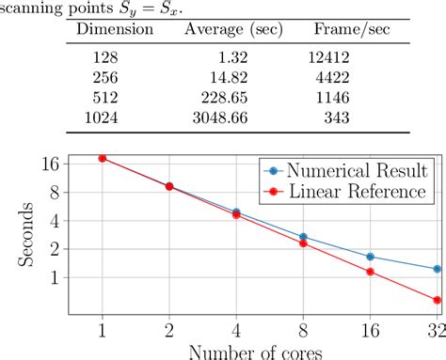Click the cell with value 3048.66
pyautogui.click(x=221, y=117)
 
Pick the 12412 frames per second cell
pyautogui.click(x=329, y=58)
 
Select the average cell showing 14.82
pyautogui.click(x=230, y=78)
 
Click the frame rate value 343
pyautogui.click(x=335, y=117)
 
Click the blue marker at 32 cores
pyautogui.click(x=437, y=269)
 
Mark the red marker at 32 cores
pyautogui.click(x=437, y=301)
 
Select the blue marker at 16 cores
pyautogui.click(x=370, y=257)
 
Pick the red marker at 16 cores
pyautogui.click(x=370, y=272)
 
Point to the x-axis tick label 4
pyautogui.click(x=235, y=330)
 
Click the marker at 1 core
pyautogui.click(x=102, y=158)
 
